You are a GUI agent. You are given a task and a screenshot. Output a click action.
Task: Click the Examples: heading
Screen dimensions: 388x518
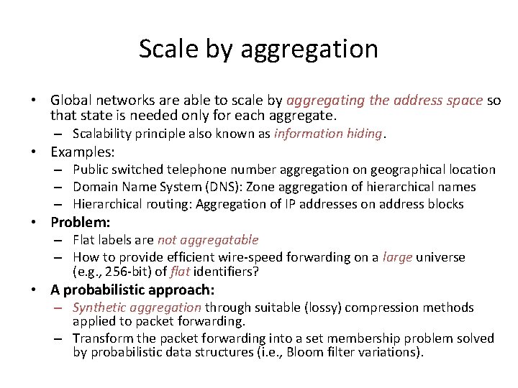click(83, 152)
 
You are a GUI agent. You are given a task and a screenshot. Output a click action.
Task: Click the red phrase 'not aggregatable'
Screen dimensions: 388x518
click(207, 240)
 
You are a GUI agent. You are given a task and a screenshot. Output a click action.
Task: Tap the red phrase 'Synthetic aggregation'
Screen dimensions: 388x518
click(137, 308)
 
